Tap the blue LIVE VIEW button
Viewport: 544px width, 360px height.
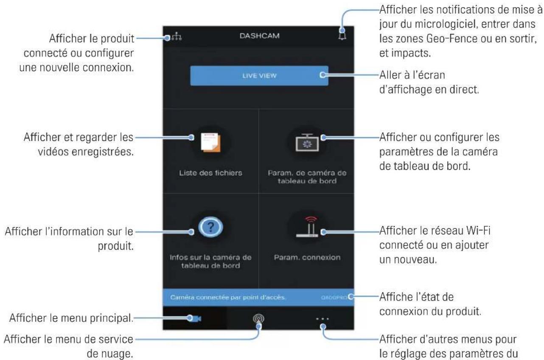click(259, 76)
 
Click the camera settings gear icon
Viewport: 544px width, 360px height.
click(306, 142)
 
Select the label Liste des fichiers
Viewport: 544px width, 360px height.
click(210, 174)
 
